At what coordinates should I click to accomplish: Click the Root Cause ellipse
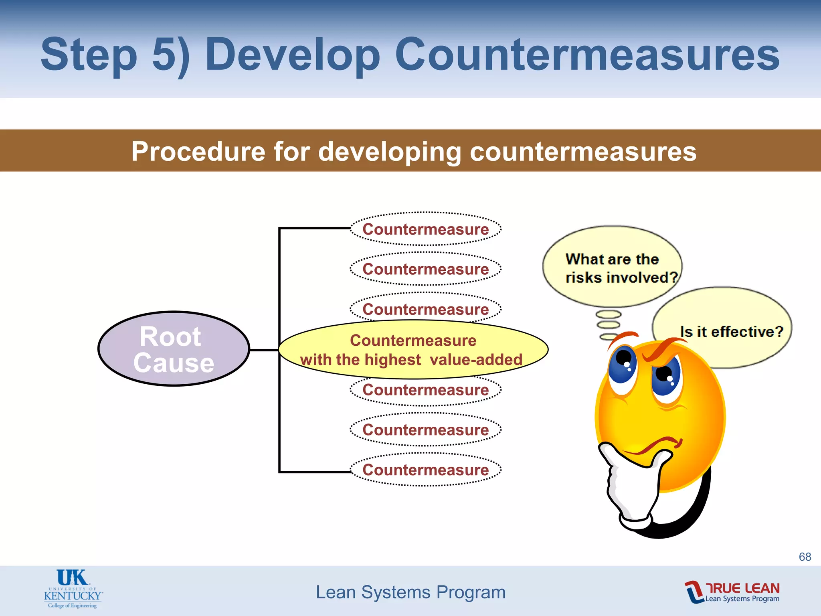pyautogui.click(x=174, y=349)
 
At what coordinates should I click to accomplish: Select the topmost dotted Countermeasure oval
pyautogui.click(x=425, y=229)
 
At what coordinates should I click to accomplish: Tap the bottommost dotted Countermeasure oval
pyautogui.click(x=425, y=470)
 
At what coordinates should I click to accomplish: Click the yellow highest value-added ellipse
pyautogui.click(x=413, y=350)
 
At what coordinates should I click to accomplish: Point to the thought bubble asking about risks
pyautogui.click(x=612, y=267)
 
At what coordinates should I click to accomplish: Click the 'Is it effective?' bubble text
pyautogui.click(x=731, y=332)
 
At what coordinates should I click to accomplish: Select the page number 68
pyautogui.click(x=805, y=557)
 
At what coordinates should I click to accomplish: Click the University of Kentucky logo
pyautogui.click(x=73, y=589)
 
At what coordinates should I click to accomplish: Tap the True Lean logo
pyautogui.click(x=732, y=592)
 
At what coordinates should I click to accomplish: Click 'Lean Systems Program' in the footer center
pyautogui.click(x=410, y=592)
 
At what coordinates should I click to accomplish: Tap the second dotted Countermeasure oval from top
pyautogui.click(x=425, y=269)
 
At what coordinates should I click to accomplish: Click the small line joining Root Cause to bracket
pyautogui.click(x=264, y=350)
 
